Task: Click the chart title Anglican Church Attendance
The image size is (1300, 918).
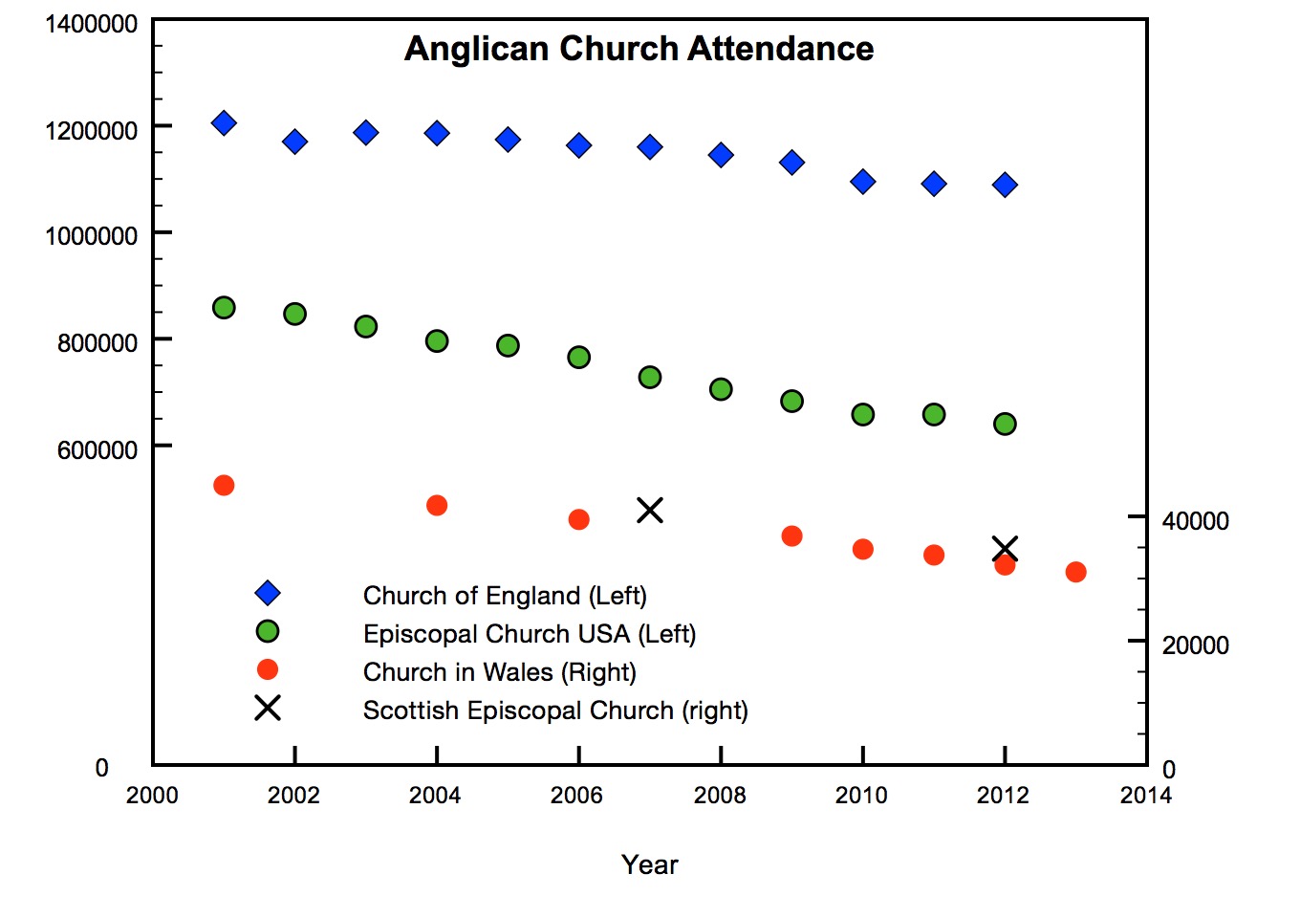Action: (639, 49)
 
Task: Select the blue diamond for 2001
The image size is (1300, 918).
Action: (224, 122)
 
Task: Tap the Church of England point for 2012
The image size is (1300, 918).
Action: (1005, 185)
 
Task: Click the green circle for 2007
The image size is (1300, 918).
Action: (650, 377)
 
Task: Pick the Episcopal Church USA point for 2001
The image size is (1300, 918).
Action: (224, 307)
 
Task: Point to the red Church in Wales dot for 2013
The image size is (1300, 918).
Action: (1075, 572)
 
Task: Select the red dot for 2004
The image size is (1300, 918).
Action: (437, 505)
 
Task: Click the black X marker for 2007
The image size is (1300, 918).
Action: (650, 511)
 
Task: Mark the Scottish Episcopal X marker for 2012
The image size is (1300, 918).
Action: (1005, 549)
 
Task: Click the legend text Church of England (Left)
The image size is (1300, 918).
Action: (505, 596)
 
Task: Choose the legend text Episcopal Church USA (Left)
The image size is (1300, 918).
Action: (529, 634)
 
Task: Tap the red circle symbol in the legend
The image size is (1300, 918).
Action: (268, 669)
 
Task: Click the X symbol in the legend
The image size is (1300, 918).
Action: (268, 708)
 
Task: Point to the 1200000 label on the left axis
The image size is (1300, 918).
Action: (92, 131)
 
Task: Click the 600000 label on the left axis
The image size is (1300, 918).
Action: (97, 450)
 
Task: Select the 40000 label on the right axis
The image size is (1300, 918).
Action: (1195, 521)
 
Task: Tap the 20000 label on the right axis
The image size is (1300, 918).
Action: (1195, 645)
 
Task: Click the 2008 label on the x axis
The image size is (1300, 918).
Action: (720, 796)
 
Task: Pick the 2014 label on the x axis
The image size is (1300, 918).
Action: (1145, 796)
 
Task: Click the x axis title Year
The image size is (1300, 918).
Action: (650, 864)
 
